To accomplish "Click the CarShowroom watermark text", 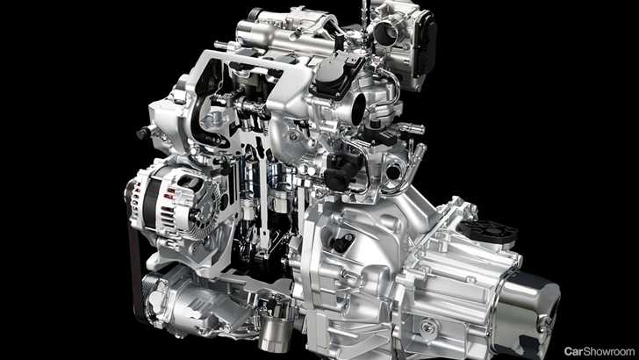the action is coord(599,351).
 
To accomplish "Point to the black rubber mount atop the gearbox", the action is coord(488,231).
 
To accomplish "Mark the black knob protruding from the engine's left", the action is coord(143,133).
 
